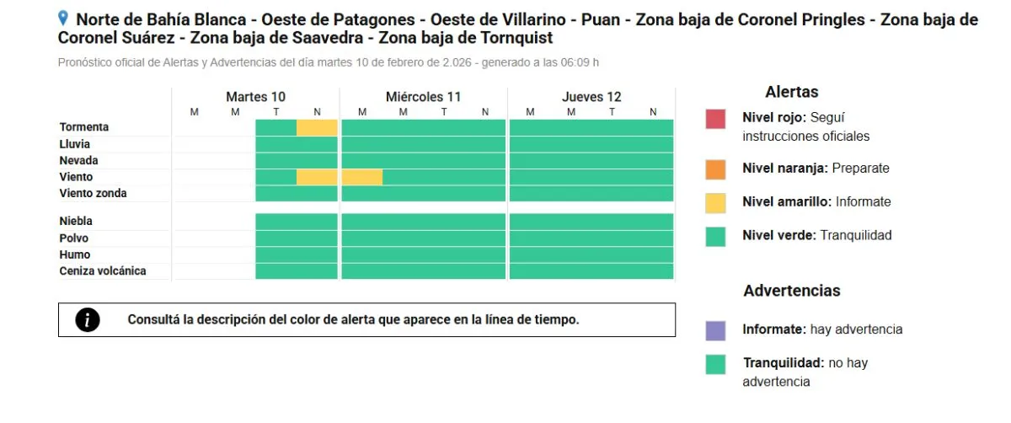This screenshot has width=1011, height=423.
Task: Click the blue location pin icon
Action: pyautogui.click(x=63, y=18)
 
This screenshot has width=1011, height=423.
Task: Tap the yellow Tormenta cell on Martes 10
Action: pyautogui.click(x=317, y=127)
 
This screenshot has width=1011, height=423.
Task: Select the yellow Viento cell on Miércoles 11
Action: pyautogui.click(x=361, y=177)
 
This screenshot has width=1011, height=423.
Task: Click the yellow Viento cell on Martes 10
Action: pyautogui.click(x=317, y=177)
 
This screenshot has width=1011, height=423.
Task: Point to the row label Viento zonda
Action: pyautogui.click(x=93, y=194)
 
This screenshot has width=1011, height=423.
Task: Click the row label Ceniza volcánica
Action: pyautogui.click(x=103, y=271)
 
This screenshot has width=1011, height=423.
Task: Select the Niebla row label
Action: pyautogui.click(x=76, y=222)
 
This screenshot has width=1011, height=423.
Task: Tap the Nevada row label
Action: pyautogui.click(x=78, y=161)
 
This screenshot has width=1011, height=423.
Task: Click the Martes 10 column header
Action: pyautogui.click(x=255, y=97)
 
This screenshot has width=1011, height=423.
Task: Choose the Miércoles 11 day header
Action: pyautogui.click(x=423, y=97)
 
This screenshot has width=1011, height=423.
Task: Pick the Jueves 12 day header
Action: pyautogui.click(x=591, y=97)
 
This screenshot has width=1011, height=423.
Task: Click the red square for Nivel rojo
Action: pyautogui.click(x=715, y=119)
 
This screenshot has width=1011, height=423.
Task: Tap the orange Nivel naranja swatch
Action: pyautogui.click(x=715, y=169)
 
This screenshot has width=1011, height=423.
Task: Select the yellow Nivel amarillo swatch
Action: pyautogui.click(x=715, y=202)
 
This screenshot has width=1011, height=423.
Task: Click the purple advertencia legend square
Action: pyautogui.click(x=715, y=330)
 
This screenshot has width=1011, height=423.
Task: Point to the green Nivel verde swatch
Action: pyautogui.click(x=715, y=236)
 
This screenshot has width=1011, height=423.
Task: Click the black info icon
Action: pyautogui.click(x=88, y=320)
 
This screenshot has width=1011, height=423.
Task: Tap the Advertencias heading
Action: pyautogui.click(x=791, y=291)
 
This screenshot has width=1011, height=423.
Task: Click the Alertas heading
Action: pyautogui.click(x=791, y=93)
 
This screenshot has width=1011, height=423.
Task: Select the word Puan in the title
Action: pyautogui.click(x=600, y=19)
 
